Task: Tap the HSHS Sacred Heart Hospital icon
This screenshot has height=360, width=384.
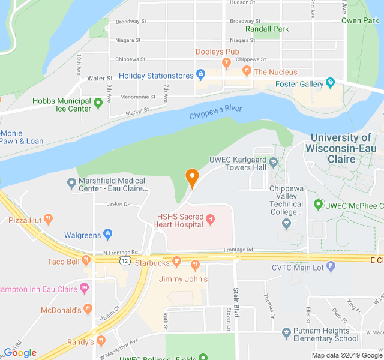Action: pyautogui.click(x=210, y=220)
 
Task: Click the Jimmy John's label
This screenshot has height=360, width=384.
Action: pyautogui.click(x=183, y=279)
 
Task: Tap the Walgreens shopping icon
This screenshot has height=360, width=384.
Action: pyautogui.click(x=108, y=234)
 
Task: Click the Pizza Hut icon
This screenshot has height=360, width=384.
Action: pyautogui.click(x=49, y=220)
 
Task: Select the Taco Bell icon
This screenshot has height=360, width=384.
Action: pyautogui.click(x=86, y=260)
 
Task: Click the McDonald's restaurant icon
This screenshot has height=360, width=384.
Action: pyautogui.click(x=88, y=310)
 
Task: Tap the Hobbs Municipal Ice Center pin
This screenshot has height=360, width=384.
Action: pyautogui.click(x=98, y=101)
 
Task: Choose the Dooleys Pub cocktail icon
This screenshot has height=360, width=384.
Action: pyautogui.click(x=226, y=62)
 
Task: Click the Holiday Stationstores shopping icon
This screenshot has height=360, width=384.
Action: pyautogui.click(x=200, y=75)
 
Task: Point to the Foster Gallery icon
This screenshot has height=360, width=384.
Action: pyautogui.click(x=329, y=83)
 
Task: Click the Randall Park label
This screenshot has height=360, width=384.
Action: pyautogui.click(x=267, y=29)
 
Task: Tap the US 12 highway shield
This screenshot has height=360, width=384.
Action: pyautogui.click(x=124, y=261)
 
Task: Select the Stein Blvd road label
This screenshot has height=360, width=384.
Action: pyautogui.click(x=236, y=300)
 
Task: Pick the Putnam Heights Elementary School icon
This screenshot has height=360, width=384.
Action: pyautogui.click(x=287, y=331)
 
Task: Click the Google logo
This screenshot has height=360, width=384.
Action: pyautogui.click(x=20, y=352)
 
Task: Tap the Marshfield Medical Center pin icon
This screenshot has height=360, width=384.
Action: pyautogui.click(x=71, y=182)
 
